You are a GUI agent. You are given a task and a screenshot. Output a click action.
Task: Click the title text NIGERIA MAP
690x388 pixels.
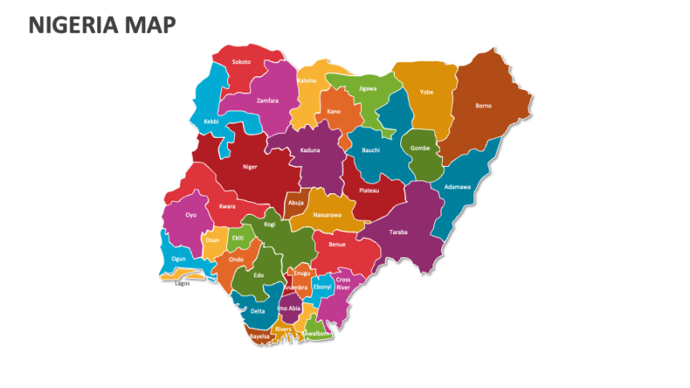tap(102, 26)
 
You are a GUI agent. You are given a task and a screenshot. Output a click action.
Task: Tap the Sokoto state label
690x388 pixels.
tap(241, 62)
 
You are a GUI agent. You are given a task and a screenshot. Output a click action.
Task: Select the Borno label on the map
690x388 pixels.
tap(483, 105)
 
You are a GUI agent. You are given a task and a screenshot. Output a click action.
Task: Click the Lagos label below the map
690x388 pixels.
tap(182, 283)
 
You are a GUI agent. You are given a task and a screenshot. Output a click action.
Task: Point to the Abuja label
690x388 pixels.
tap(296, 203)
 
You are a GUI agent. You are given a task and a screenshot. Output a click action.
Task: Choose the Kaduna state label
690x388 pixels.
tap(311, 150)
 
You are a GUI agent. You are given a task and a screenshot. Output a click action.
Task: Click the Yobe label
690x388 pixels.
tap(426, 92)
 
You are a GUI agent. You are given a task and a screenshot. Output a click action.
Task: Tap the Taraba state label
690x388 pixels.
tap(398, 232)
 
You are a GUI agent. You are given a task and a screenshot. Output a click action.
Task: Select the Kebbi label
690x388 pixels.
tap(211, 121)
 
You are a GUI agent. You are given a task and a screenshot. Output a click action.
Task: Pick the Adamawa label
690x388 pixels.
tap(457, 187)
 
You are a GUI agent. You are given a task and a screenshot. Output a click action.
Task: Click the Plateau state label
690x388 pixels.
tap(369, 190)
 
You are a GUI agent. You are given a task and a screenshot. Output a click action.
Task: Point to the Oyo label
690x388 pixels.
tap(191, 215)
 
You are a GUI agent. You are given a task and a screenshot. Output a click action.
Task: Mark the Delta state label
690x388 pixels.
tap(258, 310)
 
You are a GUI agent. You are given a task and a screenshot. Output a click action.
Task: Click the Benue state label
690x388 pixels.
tap(337, 244)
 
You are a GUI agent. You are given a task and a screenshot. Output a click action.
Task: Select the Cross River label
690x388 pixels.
tap(343, 283)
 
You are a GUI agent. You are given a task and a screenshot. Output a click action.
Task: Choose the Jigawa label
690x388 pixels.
tap(367, 88)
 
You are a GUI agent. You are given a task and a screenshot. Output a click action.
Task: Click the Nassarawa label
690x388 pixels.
tap(327, 215)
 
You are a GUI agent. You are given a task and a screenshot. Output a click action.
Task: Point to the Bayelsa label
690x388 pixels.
tap(259, 336)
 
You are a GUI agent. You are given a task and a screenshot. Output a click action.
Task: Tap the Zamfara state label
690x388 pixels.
tap(267, 100)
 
